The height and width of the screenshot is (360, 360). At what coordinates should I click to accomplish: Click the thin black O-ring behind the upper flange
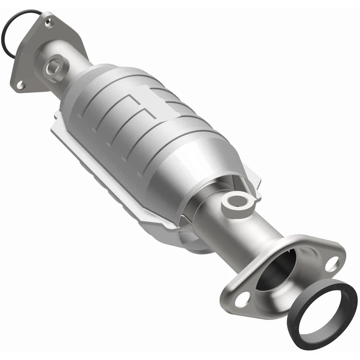pos(7,26)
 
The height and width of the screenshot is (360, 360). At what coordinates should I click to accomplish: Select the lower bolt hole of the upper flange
pos(21,85)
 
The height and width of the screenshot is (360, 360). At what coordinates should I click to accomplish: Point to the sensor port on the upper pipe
pos(54,67)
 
